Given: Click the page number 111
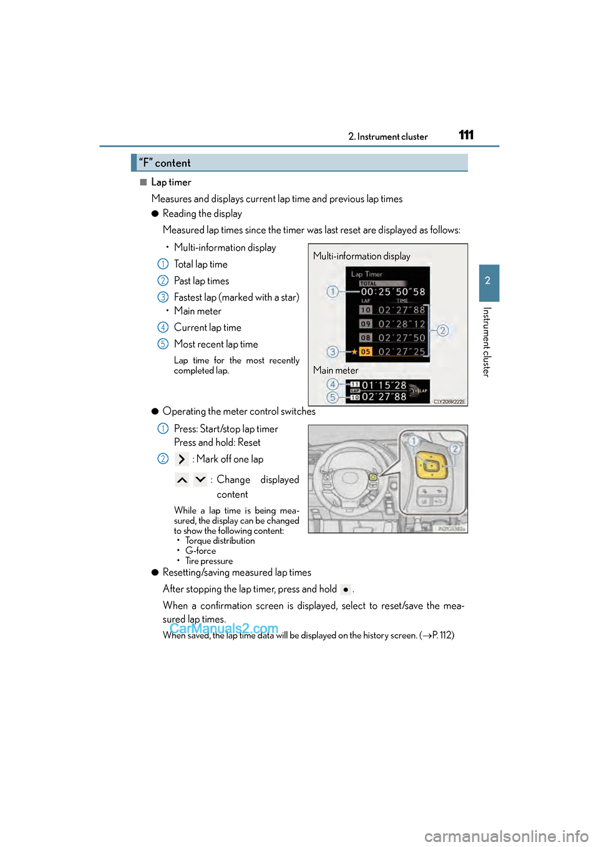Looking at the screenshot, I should coord(466,135).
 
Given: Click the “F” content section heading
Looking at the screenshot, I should coord(165,163).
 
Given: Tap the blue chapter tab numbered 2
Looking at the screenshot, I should coord(489,281).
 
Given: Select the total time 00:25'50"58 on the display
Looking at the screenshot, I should coord(393,292).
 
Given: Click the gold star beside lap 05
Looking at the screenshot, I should coord(354,352).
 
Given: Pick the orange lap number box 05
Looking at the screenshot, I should coord(366,352).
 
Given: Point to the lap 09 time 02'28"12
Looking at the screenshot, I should coord(402,324).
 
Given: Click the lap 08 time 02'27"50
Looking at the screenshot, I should coord(402,338).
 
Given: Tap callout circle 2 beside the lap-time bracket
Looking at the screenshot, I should coord(443,331).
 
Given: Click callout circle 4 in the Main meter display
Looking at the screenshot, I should coord(333,384).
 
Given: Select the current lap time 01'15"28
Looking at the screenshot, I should coord(384,385).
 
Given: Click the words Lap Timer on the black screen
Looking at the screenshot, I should coord(367,274).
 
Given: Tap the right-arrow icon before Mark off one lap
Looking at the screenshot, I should coord(182,459).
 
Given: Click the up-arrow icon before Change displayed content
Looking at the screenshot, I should coord(182,480).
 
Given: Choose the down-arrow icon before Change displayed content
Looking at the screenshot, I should coord(200,480).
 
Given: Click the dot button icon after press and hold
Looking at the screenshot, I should coord(346,589).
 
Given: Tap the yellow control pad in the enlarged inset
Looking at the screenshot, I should coord(431,465).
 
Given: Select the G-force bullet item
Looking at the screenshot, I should coord(200,551).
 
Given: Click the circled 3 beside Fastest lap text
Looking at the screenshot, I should coord(163,298).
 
